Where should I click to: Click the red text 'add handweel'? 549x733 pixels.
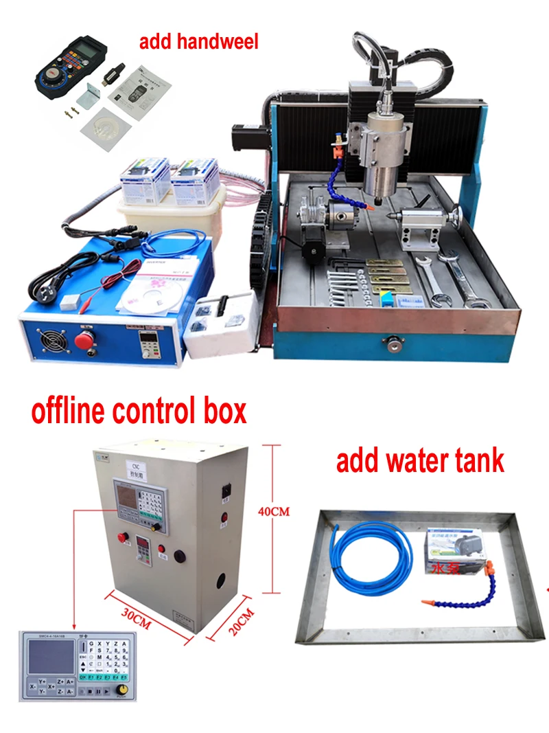tap(199, 42)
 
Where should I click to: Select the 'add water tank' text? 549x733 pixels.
tap(420, 461)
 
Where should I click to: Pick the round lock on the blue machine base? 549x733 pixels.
tap(394, 339)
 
